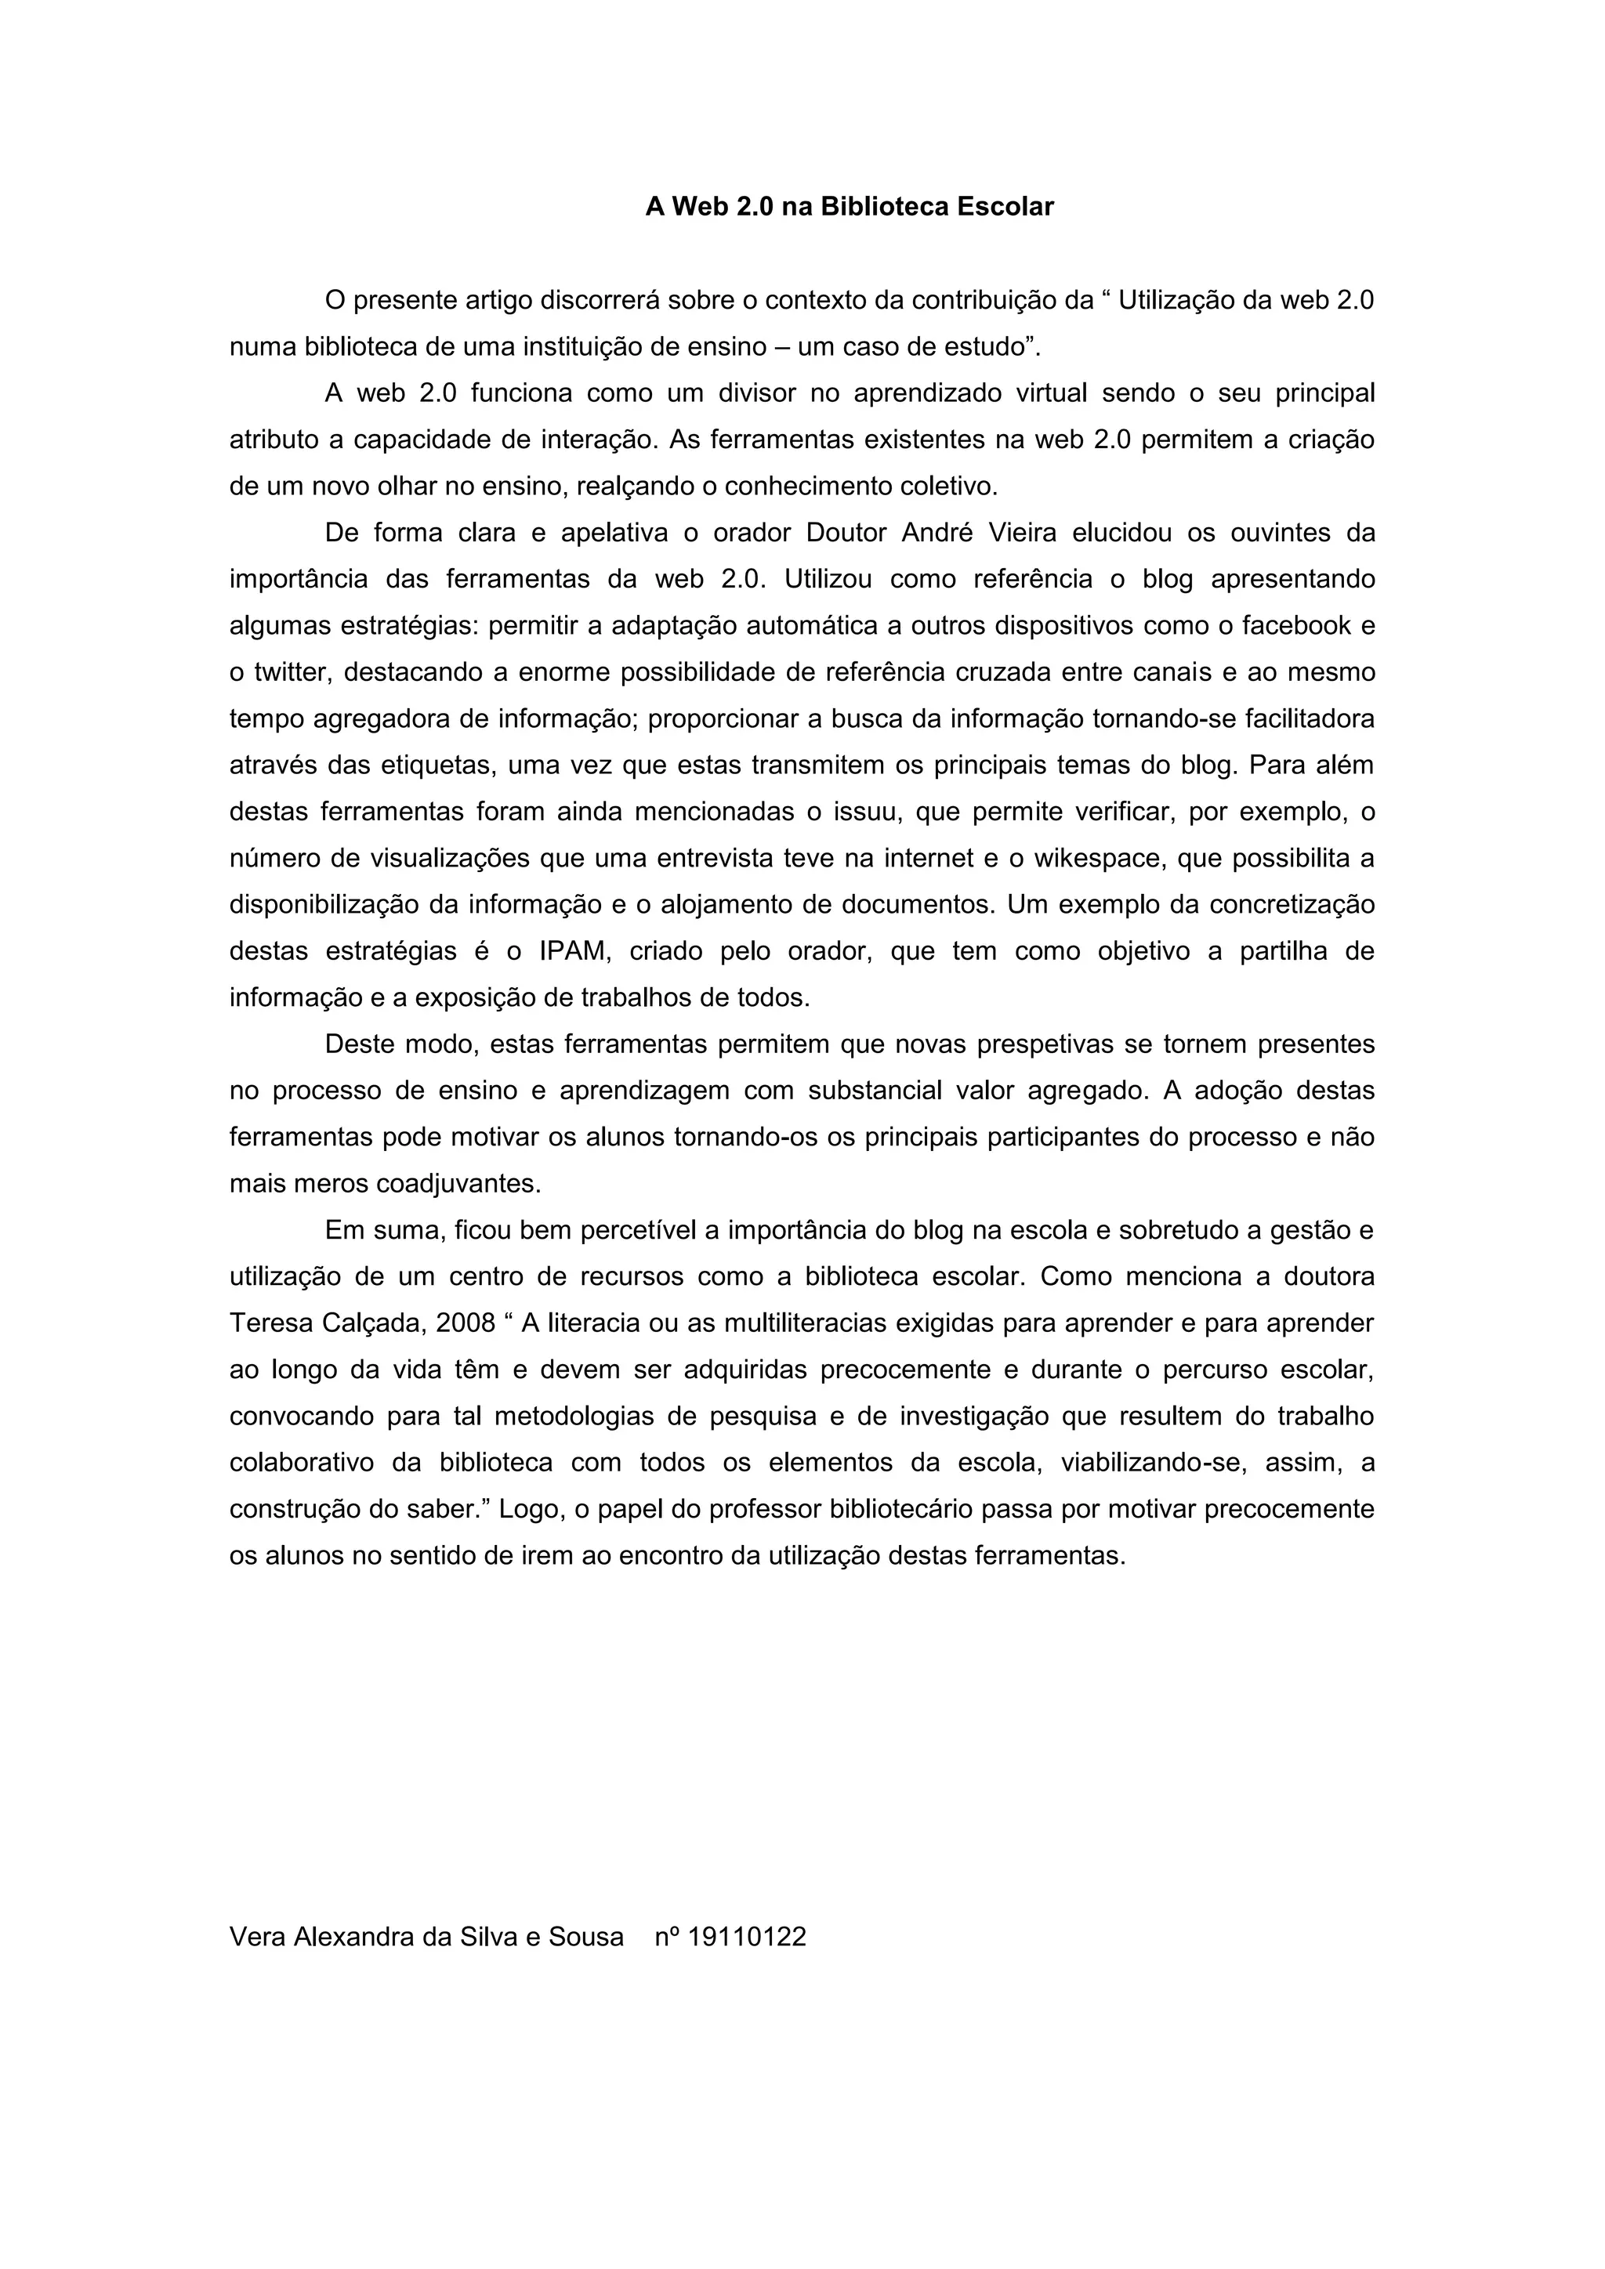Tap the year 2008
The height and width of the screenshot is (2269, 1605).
click(465, 1323)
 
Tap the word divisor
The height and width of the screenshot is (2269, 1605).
click(756, 393)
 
